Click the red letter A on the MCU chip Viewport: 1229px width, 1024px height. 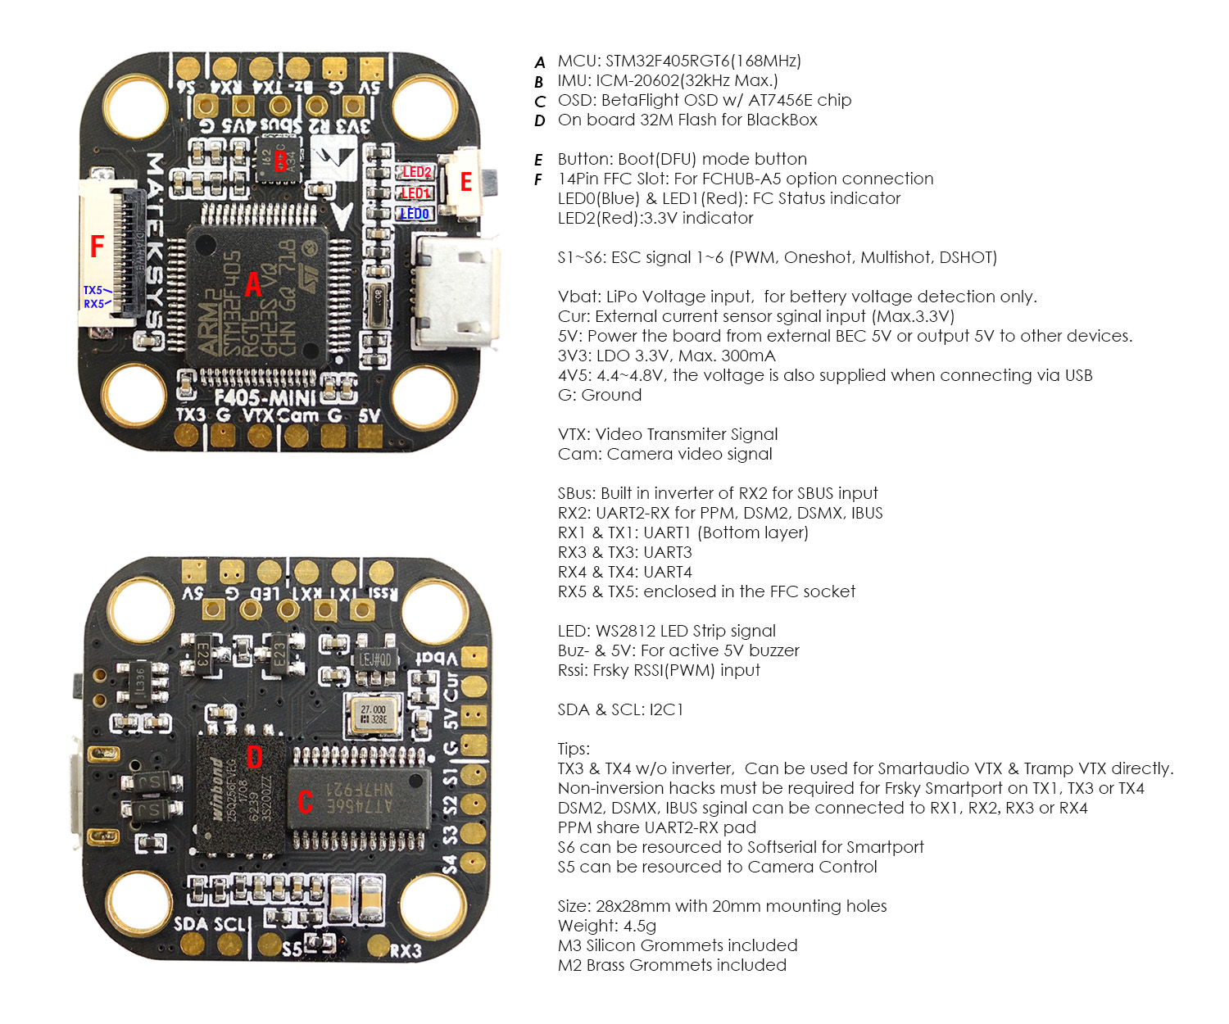point(253,284)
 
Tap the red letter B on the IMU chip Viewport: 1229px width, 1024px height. point(280,161)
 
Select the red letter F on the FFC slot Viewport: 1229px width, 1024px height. point(97,246)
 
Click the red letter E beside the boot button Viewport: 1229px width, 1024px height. point(465,182)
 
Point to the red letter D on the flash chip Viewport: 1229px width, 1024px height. point(254,756)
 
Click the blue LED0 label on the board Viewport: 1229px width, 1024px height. point(415,214)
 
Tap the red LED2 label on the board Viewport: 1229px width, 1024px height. point(416,172)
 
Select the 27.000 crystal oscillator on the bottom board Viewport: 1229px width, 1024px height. point(374,714)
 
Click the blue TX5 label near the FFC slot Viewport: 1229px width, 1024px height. point(93,290)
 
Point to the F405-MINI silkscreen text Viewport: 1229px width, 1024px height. point(265,399)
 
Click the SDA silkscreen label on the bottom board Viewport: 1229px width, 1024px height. point(191,924)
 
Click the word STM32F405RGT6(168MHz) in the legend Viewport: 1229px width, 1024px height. point(703,61)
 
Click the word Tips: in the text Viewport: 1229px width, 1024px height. point(574,749)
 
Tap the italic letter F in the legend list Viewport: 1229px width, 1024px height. point(538,179)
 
